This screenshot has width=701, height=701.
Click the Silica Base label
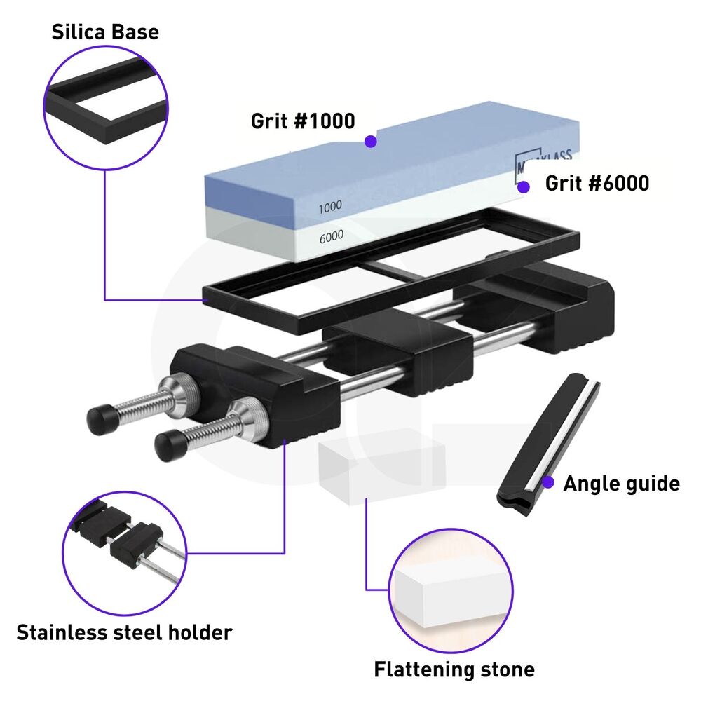(105, 32)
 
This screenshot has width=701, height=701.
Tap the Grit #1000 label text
(303, 121)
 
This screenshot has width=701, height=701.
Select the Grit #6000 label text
(597, 184)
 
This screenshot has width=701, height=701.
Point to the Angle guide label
(621, 483)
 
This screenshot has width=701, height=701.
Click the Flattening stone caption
(454, 669)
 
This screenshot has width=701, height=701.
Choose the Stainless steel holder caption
(124, 632)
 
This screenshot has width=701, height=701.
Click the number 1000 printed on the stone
(329, 207)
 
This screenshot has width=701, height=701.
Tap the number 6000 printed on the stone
(331, 237)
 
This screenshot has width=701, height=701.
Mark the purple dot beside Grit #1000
(371, 142)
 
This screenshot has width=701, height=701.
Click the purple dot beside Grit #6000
(523, 187)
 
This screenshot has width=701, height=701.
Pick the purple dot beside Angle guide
(549, 482)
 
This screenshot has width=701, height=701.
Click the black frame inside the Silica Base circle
(105, 105)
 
